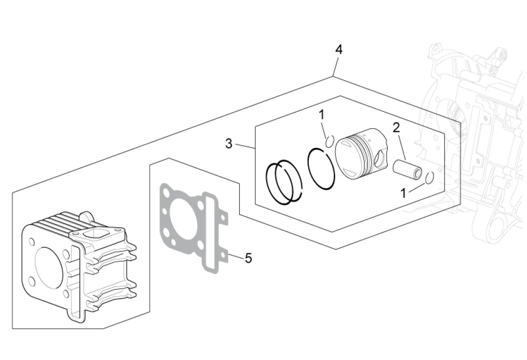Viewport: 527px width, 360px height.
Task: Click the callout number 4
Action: (x=338, y=49)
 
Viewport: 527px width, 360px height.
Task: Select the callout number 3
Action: (x=229, y=144)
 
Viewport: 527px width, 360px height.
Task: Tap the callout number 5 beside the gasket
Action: (x=248, y=258)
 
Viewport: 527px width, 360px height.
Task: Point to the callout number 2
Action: (x=396, y=128)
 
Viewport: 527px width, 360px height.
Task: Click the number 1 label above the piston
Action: (x=322, y=115)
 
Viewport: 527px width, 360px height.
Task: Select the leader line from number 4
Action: (x=335, y=66)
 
